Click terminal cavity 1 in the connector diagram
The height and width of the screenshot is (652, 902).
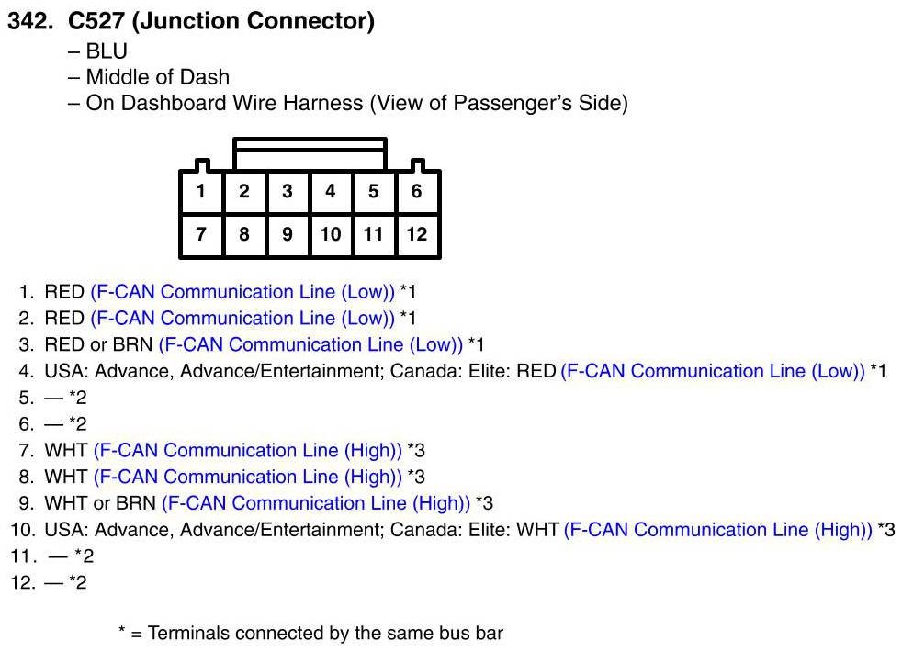(x=200, y=192)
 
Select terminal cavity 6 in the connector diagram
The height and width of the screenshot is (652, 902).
(x=417, y=192)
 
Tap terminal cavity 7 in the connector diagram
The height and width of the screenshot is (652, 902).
(x=200, y=234)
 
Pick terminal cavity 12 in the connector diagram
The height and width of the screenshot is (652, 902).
(x=417, y=234)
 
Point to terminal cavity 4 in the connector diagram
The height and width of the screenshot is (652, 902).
(x=331, y=192)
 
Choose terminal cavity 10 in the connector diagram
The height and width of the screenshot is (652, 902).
(x=331, y=234)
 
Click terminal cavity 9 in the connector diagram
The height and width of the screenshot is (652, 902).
(x=288, y=234)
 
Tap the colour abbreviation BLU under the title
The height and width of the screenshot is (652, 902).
(x=107, y=51)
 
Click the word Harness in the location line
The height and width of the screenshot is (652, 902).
(x=323, y=103)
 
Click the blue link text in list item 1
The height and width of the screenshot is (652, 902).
(x=242, y=292)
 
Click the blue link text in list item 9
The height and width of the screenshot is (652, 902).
(x=316, y=503)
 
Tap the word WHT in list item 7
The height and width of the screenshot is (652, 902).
(x=66, y=451)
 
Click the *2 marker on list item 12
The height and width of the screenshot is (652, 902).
(x=78, y=583)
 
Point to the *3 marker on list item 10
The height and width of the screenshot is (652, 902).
(x=886, y=531)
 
